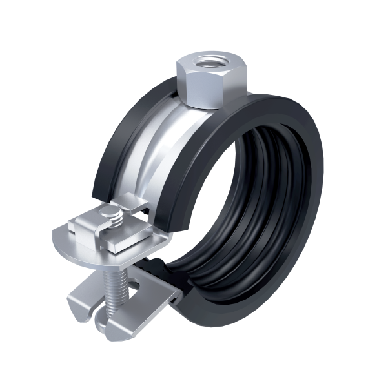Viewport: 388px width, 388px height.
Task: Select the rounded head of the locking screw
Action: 114,214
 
